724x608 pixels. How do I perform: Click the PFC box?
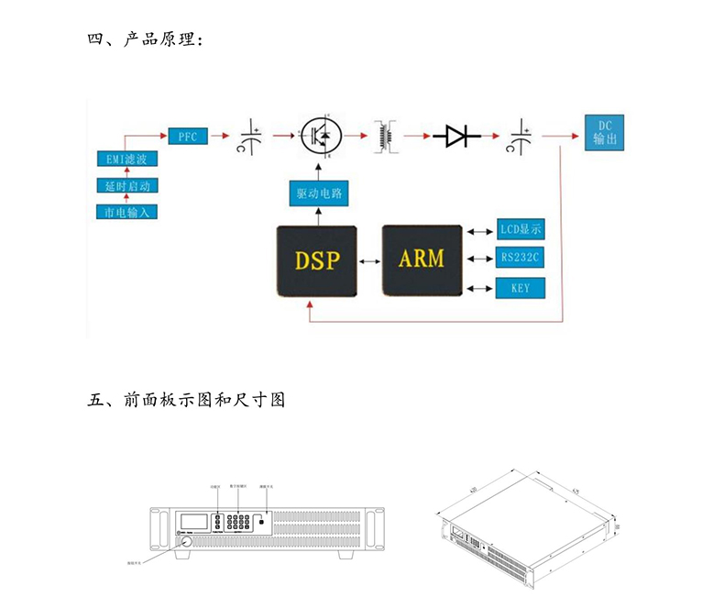[189, 136]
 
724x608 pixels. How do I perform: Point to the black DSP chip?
[317, 260]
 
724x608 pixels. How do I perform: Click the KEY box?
[521, 289]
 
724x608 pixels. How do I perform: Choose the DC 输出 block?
[605, 132]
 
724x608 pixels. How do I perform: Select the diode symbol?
[456, 137]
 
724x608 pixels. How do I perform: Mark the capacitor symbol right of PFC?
[250, 137]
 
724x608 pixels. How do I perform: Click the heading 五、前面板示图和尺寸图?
[188, 400]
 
